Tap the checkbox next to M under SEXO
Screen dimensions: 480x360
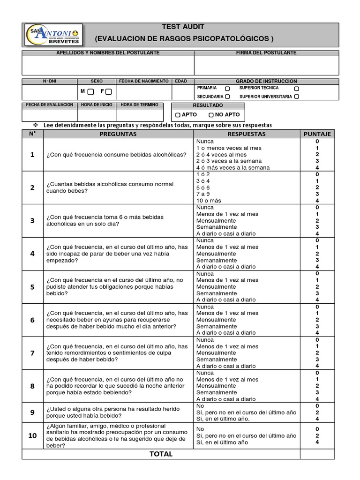[90, 91]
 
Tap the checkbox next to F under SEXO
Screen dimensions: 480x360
[108, 91]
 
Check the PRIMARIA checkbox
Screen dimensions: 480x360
[227, 88]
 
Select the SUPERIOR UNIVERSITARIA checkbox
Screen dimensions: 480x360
[296, 97]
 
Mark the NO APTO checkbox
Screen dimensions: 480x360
[211, 115]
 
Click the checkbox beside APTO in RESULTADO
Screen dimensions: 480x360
[178, 115]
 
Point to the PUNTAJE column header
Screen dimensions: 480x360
[317, 134]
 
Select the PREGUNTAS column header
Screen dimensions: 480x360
[118, 134]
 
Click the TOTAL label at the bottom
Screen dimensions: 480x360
[161, 454]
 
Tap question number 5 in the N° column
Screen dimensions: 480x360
[32, 287]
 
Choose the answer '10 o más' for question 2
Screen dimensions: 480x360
[209, 201]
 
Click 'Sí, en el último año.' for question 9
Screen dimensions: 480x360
[223, 419]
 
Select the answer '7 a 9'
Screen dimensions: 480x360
[203, 194]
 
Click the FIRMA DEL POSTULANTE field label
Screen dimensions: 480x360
[266, 53]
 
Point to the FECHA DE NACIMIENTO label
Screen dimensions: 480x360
[143, 81]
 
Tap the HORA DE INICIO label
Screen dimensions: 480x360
[97, 105]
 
